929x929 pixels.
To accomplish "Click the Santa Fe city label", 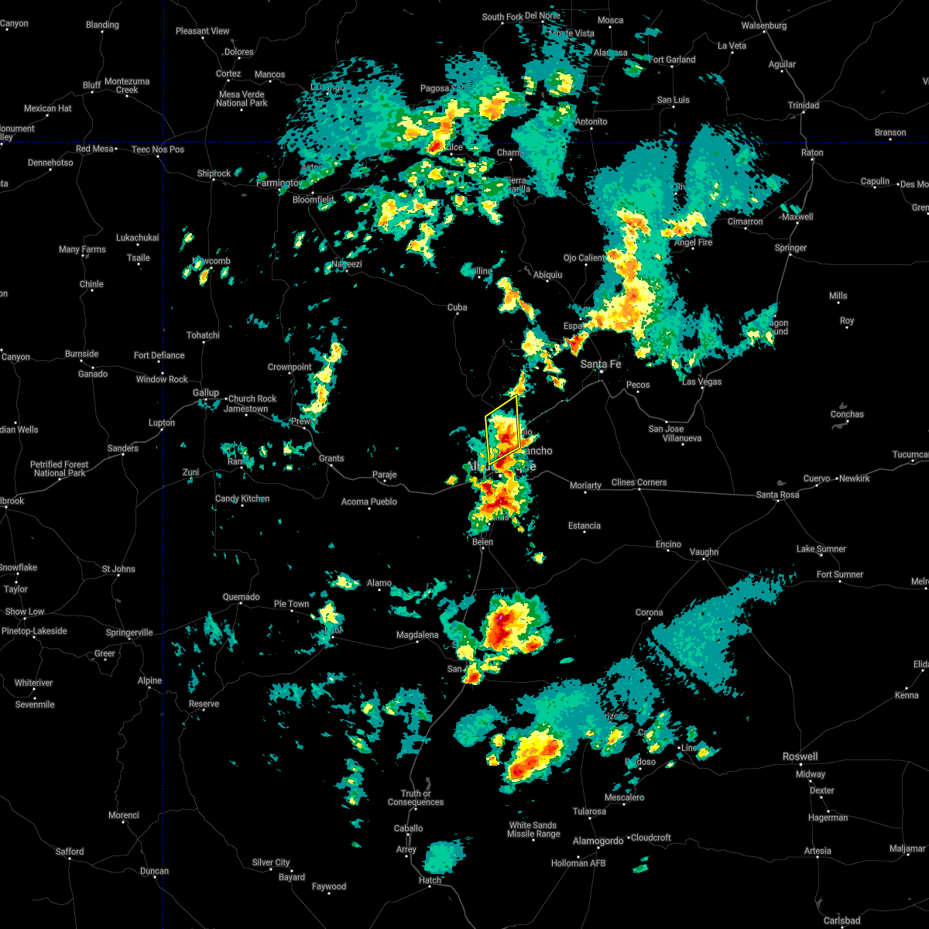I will coord(601,363).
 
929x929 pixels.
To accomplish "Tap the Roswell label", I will coord(800,756).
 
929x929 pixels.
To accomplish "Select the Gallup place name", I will coord(206,393).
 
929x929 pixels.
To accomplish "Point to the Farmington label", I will coord(277,183).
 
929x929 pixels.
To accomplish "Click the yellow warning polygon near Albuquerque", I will coord(502,431).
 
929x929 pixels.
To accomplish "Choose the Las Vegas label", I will coord(701,381).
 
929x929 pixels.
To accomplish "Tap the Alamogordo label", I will coord(598,841).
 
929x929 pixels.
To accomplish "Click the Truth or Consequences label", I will coord(416,797).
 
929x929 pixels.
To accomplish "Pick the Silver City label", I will coord(271,862).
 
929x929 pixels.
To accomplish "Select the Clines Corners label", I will coord(639,482).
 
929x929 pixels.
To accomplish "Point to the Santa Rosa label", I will coord(777,495).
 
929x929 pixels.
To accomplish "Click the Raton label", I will coord(812,153).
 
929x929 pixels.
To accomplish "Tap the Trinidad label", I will coord(803,105).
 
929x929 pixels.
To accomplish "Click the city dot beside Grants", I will coord(331,466).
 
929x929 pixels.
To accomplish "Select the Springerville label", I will coord(129,632).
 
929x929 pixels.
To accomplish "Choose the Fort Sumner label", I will coord(840,574).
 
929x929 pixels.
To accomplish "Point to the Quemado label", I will coord(241,597).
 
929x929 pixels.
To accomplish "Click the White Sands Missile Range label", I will coord(533,829).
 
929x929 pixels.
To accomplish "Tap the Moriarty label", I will coord(585,485).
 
